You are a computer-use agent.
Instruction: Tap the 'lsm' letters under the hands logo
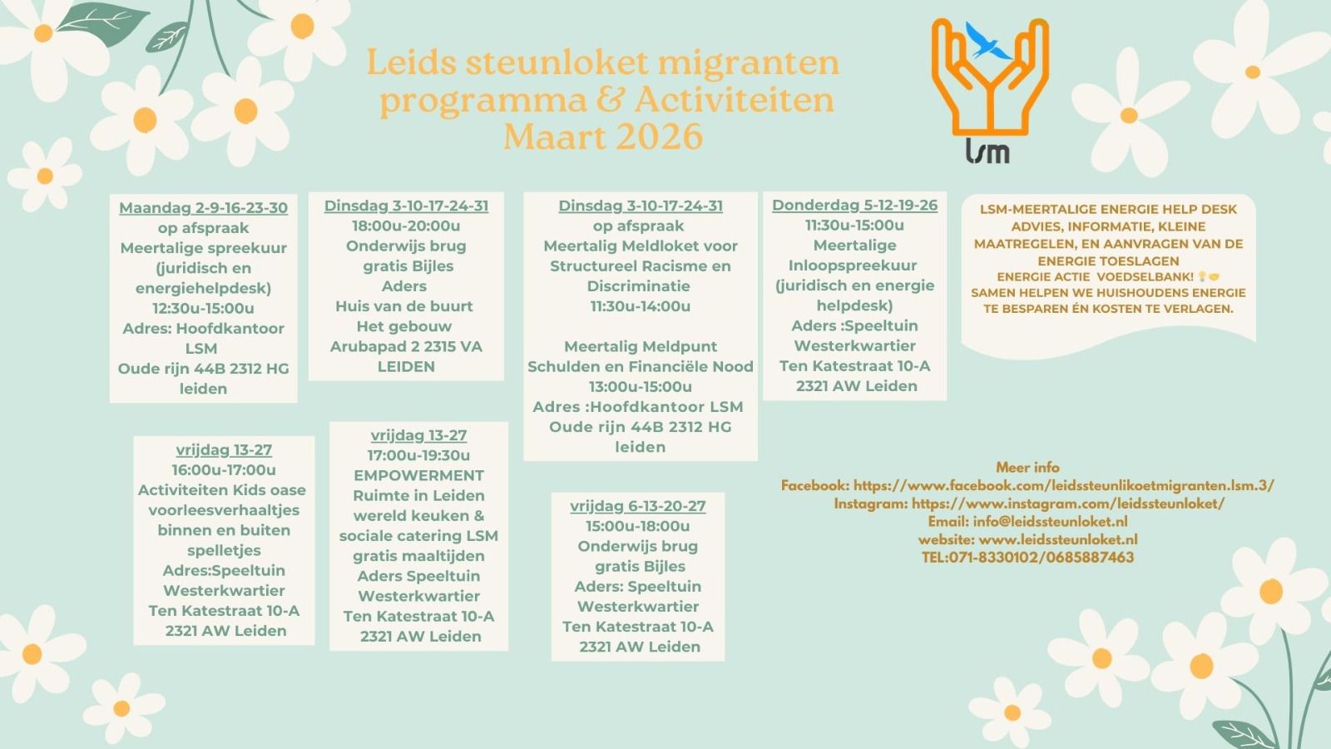tap(987, 151)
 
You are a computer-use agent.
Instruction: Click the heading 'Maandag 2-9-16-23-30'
tap(203, 208)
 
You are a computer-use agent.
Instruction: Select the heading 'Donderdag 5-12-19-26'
tap(854, 205)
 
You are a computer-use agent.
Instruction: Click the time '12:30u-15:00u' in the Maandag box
tap(203, 308)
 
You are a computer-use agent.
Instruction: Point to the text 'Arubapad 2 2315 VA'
tap(406, 346)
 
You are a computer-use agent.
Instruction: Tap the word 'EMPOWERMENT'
tap(418, 475)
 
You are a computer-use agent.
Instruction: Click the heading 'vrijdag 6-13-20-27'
tap(637, 506)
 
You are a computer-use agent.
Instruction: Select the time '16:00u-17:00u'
tap(224, 469)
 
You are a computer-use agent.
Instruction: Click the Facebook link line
tap(1027, 485)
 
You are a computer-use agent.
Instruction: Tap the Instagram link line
tap(1029, 503)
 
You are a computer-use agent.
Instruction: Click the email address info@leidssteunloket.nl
tap(1050, 522)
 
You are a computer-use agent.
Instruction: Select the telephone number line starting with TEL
tap(1027, 558)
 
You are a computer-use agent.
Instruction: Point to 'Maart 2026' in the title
tap(603, 136)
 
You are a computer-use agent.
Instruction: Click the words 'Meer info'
tap(1027, 467)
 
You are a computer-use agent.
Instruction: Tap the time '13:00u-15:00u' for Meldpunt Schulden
tap(640, 386)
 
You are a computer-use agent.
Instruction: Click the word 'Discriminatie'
tap(640, 285)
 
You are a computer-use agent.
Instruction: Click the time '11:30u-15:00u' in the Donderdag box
tap(854, 225)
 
